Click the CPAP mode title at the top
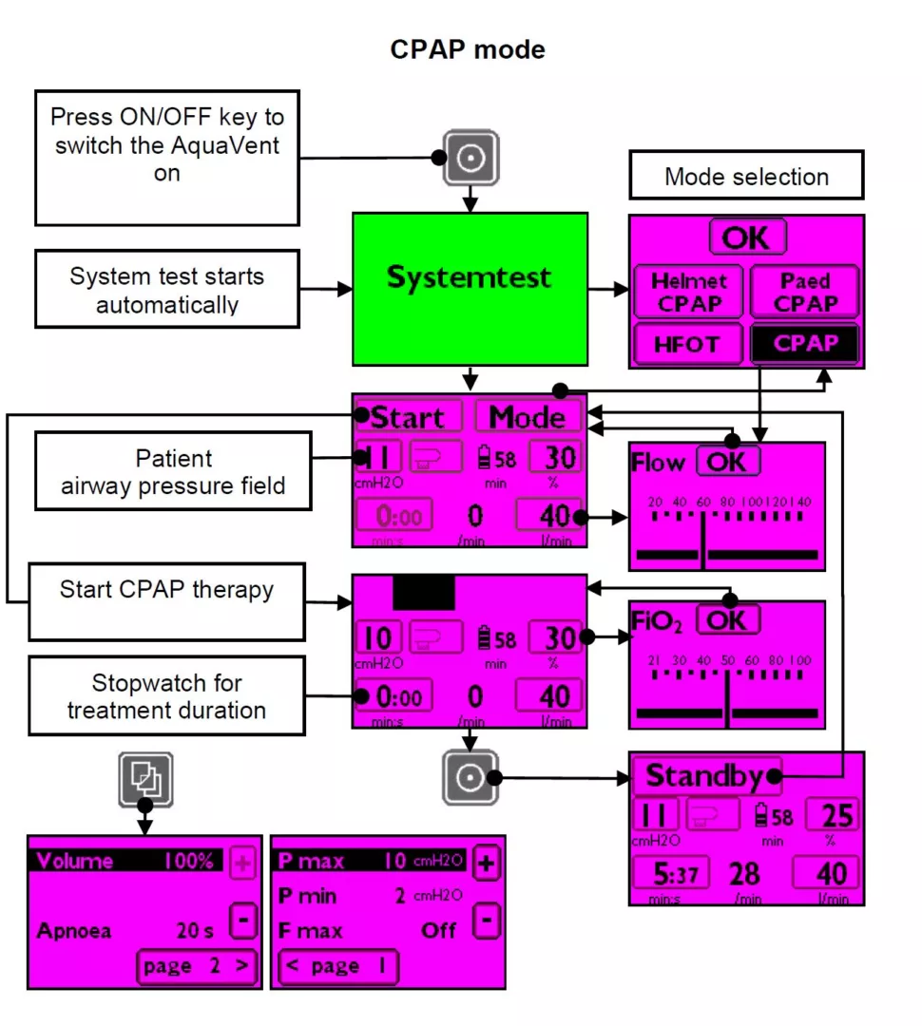point(468,49)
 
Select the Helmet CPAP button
point(688,293)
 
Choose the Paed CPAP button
point(804,293)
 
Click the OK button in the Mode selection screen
point(747,237)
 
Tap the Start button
point(409,417)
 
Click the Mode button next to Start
point(528,417)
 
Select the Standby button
point(706,776)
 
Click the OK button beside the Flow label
point(728,462)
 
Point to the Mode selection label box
point(746,176)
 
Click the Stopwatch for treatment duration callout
point(166,696)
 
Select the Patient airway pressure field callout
point(173,472)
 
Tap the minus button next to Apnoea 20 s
point(243,921)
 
